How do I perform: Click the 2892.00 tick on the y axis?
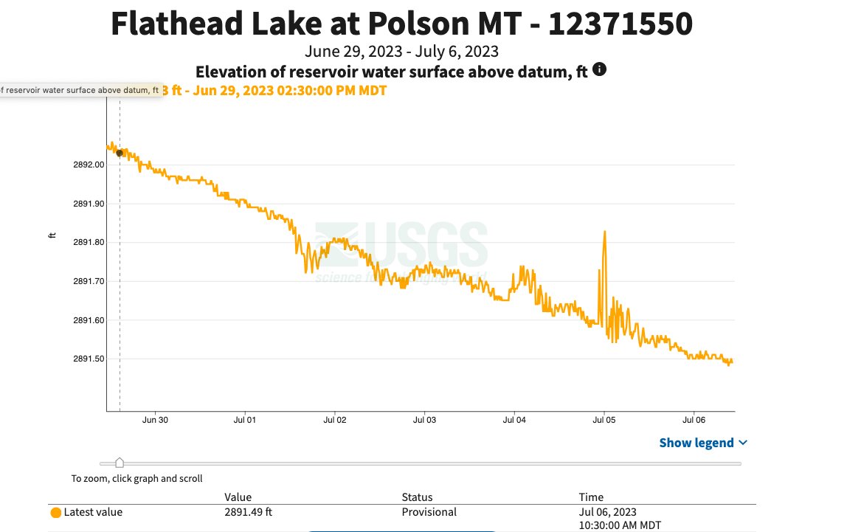88,165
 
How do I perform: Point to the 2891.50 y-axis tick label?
88,359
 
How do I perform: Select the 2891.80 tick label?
88,242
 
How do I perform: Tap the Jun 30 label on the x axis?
155,421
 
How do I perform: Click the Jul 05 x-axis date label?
604,421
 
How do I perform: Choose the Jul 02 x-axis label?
335,421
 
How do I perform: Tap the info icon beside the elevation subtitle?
600,70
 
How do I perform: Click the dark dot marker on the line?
120,153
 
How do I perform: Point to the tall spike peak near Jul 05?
605,232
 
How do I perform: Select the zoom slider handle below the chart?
120,463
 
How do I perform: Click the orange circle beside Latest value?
55,513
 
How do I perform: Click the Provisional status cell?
429,512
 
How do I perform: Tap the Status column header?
417,497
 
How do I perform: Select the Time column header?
591,497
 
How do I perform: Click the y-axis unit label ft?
52,235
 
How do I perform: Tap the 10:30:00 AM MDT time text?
620,525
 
